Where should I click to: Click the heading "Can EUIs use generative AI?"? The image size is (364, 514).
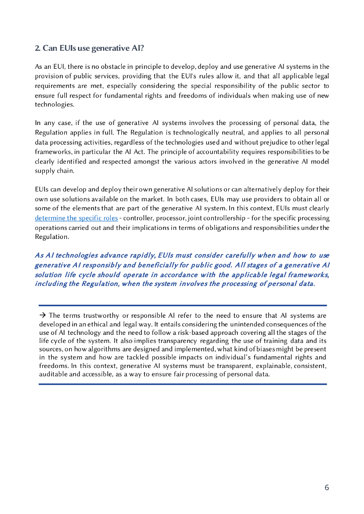(x=93, y=48)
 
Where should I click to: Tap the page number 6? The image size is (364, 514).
(x=327, y=487)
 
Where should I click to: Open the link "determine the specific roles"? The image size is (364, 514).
(x=76, y=218)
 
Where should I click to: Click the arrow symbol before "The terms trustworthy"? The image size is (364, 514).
(x=43, y=316)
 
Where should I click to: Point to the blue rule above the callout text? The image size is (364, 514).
(x=183, y=305)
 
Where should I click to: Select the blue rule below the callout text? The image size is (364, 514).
(x=183, y=384)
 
